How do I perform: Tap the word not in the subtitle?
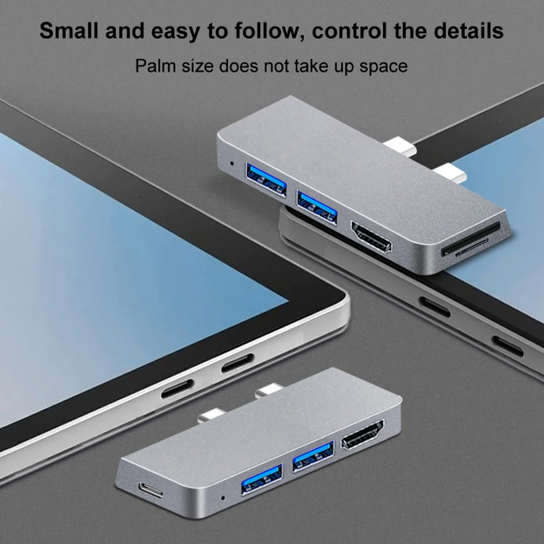[278, 66]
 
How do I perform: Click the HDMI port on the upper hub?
[371, 237]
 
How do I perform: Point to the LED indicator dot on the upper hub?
[233, 162]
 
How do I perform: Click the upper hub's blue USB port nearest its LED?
[266, 179]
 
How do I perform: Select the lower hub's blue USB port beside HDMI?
[312, 456]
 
